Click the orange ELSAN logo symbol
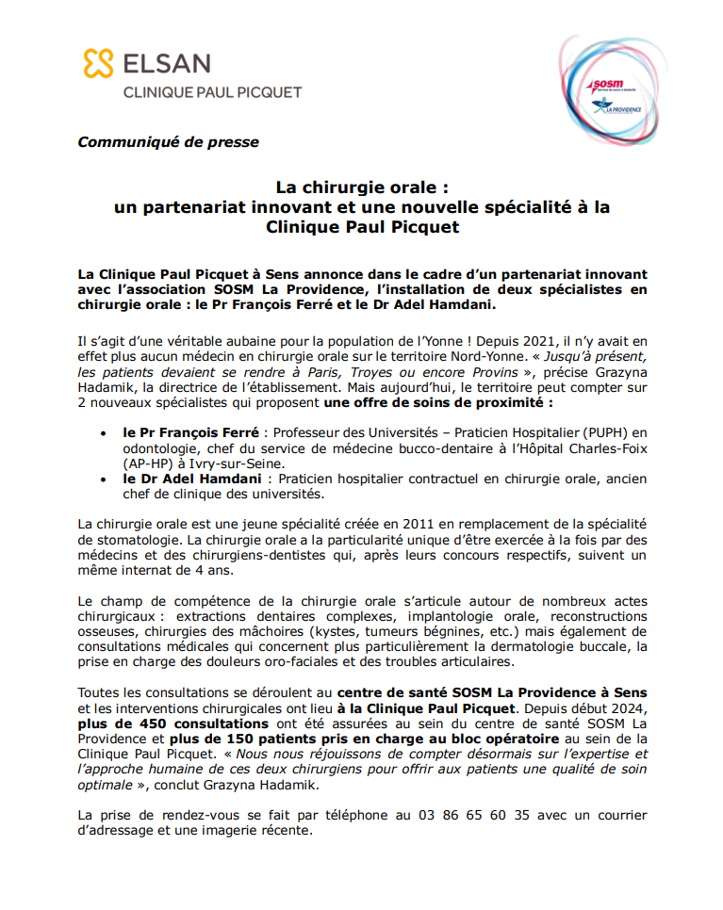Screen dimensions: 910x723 (97, 64)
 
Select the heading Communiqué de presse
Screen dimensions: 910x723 (168, 142)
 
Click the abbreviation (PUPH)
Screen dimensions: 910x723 (607, 432)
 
